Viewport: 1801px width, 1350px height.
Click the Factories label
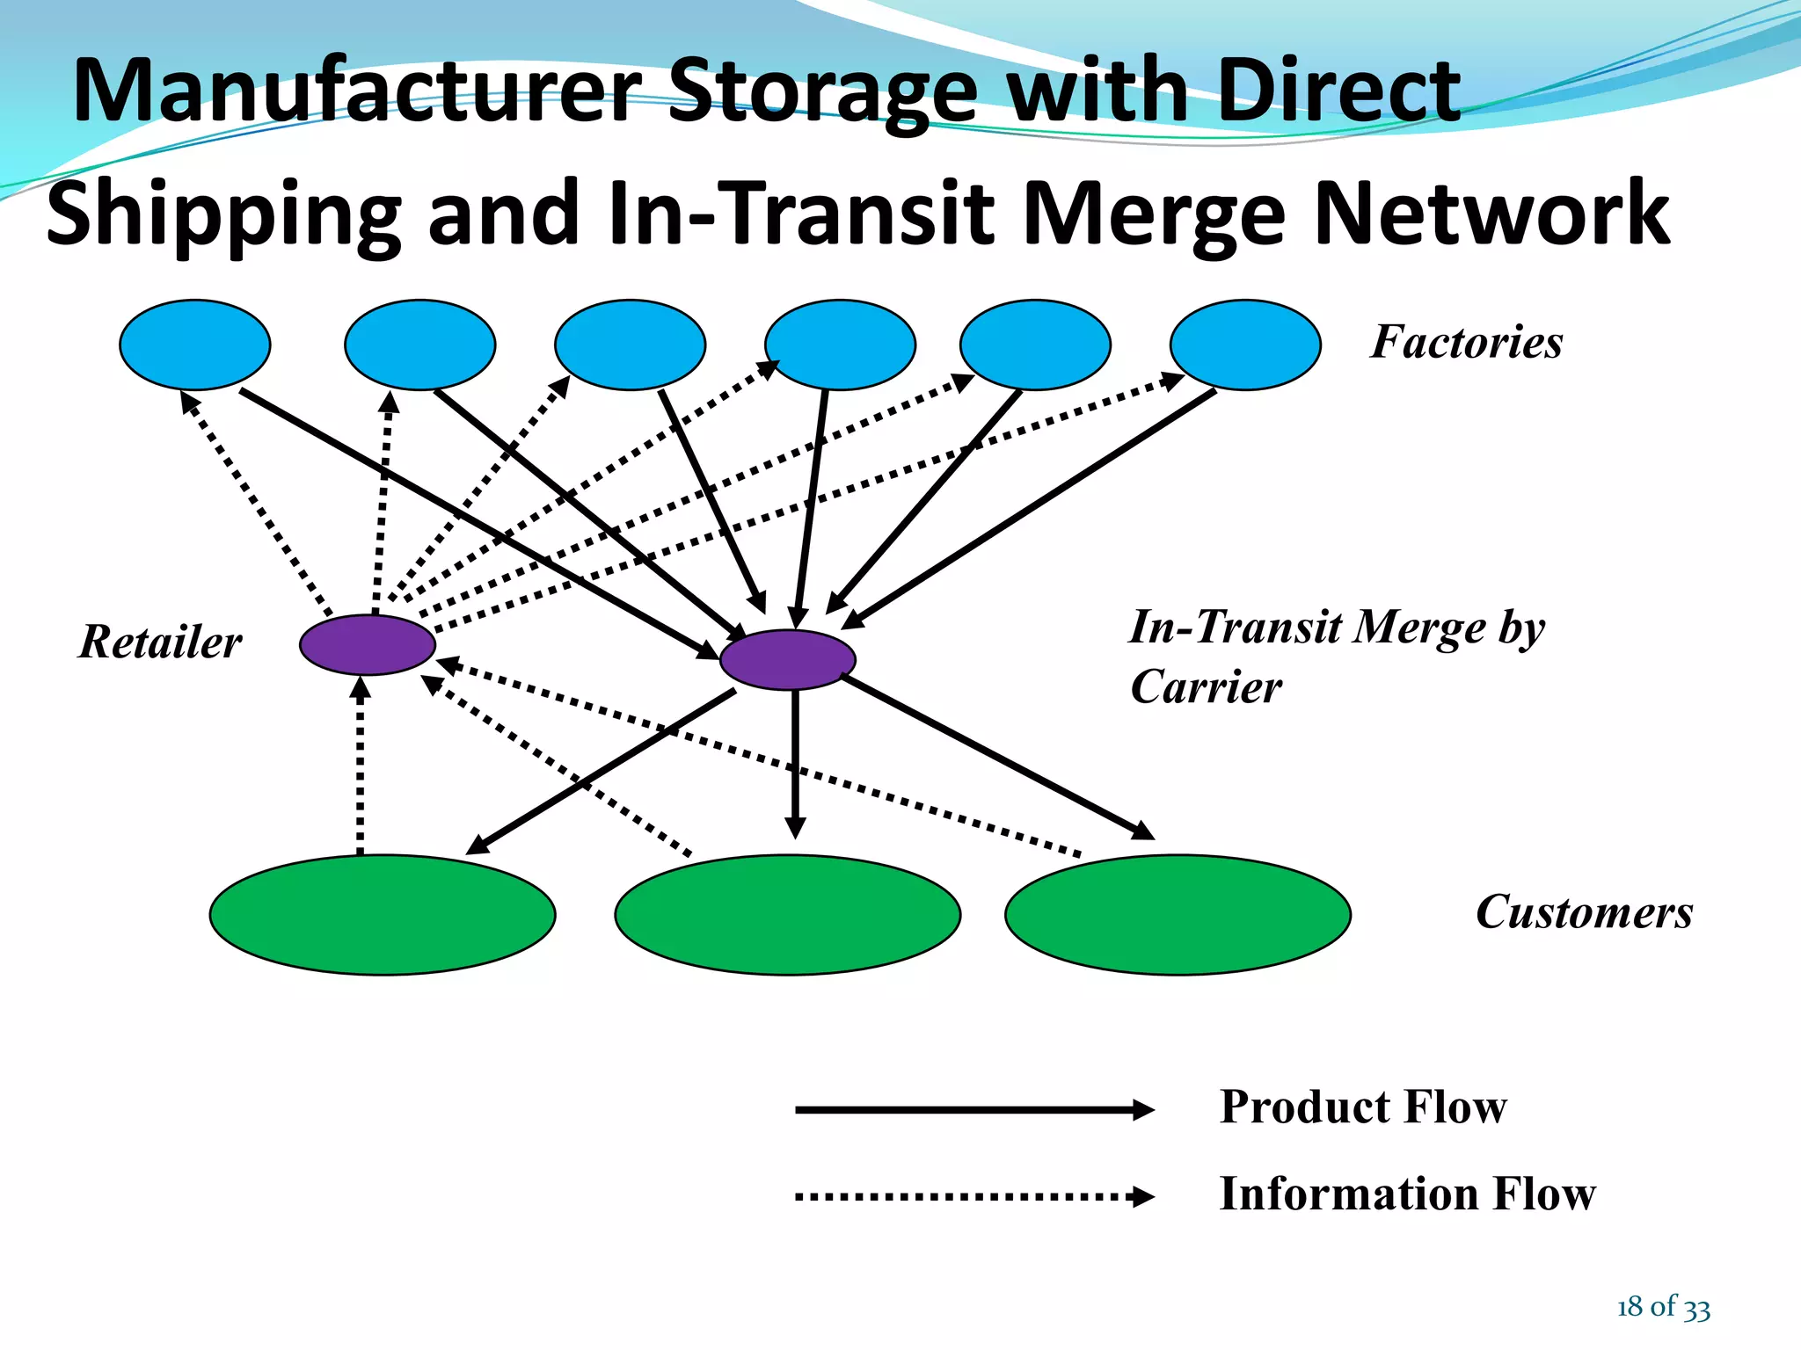click(x=1466, y=342)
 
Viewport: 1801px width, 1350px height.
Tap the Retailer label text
click(x=160, y=642)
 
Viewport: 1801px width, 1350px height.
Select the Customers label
click(x=1584, y=912)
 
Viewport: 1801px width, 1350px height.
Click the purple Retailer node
click(x=368, y=644)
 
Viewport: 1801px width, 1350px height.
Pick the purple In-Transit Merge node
click(x=787, y=659)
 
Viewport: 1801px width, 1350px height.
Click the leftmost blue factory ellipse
click(x=194, y=345)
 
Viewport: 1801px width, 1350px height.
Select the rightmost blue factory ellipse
click(x=1244, y=345)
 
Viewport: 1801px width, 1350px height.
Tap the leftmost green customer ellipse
click(x=382, y=914)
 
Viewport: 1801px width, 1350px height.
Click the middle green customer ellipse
click(x=787, y=914)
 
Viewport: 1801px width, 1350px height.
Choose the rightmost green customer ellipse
click(x=1178, y=914)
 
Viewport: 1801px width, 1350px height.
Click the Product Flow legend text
click(x=1362, y=1107)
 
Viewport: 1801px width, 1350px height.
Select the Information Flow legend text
click(x=1407, y=1194)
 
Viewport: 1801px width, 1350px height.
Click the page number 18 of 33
click(x=1663, y=1307)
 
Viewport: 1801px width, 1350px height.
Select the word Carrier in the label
click(x=1206, y=686)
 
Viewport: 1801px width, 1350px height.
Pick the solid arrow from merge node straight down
click(x=795, y=765)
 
